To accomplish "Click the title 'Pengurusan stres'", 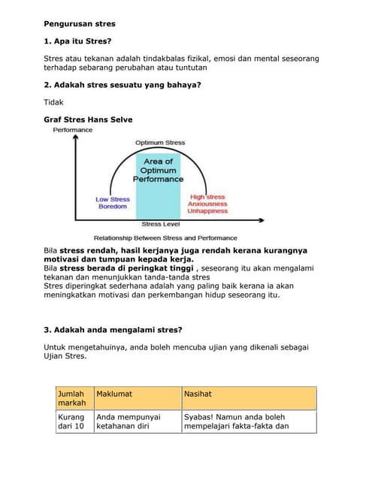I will pos(80,24).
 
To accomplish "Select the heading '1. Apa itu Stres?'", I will pos(82,41).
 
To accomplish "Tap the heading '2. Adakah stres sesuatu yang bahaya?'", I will pos(122,85).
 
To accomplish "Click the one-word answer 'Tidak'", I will pos(54,102).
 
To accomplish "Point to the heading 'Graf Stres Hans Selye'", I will pos(89,119).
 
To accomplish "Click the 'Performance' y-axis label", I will pos(73,130).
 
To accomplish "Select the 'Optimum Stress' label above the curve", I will pos(159,143).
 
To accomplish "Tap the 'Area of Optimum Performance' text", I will pos(158,171).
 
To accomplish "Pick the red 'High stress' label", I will pos(207,197).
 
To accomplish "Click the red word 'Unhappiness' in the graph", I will pos(207,211).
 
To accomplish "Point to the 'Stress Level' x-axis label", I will pos(160,224).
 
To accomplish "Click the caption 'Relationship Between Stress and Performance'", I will pos(165,237).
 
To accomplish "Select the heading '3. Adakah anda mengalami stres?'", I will pos(113,329).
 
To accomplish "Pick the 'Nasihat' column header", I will pos(198,393).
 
